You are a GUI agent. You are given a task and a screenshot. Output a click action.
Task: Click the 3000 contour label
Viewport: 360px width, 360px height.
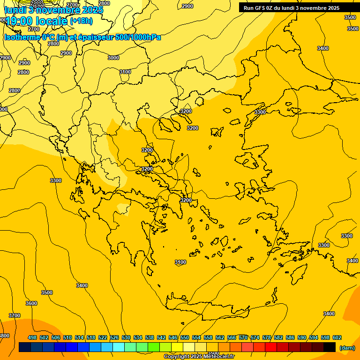point(113,58)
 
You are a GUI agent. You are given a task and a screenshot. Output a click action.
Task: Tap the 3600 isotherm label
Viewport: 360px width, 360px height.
point(31,303)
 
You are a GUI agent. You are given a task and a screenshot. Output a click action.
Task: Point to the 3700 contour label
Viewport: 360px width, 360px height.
point(15,315)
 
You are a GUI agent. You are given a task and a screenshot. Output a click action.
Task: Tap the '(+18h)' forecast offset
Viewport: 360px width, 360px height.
point(81,21)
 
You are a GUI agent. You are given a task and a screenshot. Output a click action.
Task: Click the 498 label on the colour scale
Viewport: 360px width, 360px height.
point(32,337)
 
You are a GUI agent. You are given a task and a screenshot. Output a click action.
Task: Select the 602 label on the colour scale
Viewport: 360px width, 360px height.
point(337,337)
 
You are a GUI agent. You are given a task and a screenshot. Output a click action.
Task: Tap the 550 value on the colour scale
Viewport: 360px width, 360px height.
point(185,337)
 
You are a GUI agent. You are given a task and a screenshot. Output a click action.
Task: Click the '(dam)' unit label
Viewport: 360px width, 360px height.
point(347,347)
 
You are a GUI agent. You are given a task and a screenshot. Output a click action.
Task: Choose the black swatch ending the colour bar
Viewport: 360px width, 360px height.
point(330,347)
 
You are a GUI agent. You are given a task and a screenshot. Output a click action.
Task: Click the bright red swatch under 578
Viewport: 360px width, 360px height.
point(271,347)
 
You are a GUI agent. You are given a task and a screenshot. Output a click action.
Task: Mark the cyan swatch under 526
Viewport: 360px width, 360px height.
point(119,347)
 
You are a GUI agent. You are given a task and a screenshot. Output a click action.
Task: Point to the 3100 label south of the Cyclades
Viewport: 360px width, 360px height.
point(180,262)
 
